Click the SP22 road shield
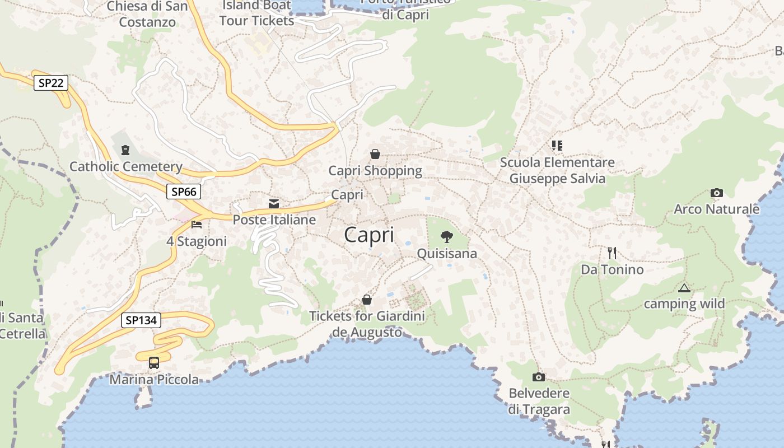pos(50,83)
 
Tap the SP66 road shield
pos(184,192)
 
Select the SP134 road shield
pos(141,320)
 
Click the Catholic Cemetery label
pos(125,166)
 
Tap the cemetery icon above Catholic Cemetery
pos(125,150)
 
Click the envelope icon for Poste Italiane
pos(274,203)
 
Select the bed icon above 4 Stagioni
pos(197,225)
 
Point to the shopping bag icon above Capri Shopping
pos(375,153)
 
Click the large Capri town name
pos(369,235)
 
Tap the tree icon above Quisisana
pos(446,237)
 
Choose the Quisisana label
pos(447,254)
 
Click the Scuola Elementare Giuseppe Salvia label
pos(557,170)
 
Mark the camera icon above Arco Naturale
pos(716,193)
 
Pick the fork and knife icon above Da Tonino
pos(612,253)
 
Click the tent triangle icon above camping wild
pos(684,288)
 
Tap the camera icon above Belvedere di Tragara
pos(539,377)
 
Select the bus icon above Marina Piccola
pos(154,363)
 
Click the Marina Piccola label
pos(154,380)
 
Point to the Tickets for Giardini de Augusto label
pos(367,324)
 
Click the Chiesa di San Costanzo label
pos(147,15)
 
